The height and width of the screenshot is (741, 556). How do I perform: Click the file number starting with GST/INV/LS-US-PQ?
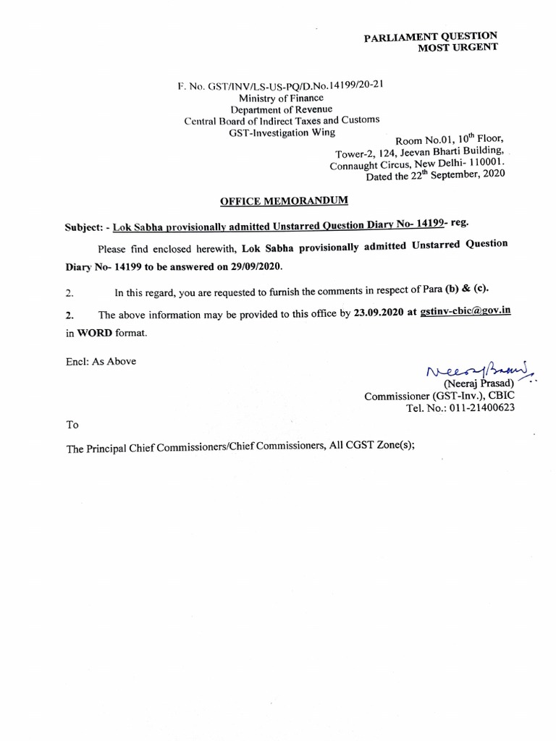(x=281, y=85)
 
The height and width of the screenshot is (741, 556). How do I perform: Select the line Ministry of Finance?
(x=281, y=98)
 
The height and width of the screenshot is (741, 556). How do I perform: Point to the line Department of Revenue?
(x=281, y=109)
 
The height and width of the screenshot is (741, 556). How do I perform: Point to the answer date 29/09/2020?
(x=252, y=266)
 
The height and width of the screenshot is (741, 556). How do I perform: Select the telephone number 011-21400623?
(x=480, y=407)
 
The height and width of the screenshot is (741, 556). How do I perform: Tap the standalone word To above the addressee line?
(x=72, y=425)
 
